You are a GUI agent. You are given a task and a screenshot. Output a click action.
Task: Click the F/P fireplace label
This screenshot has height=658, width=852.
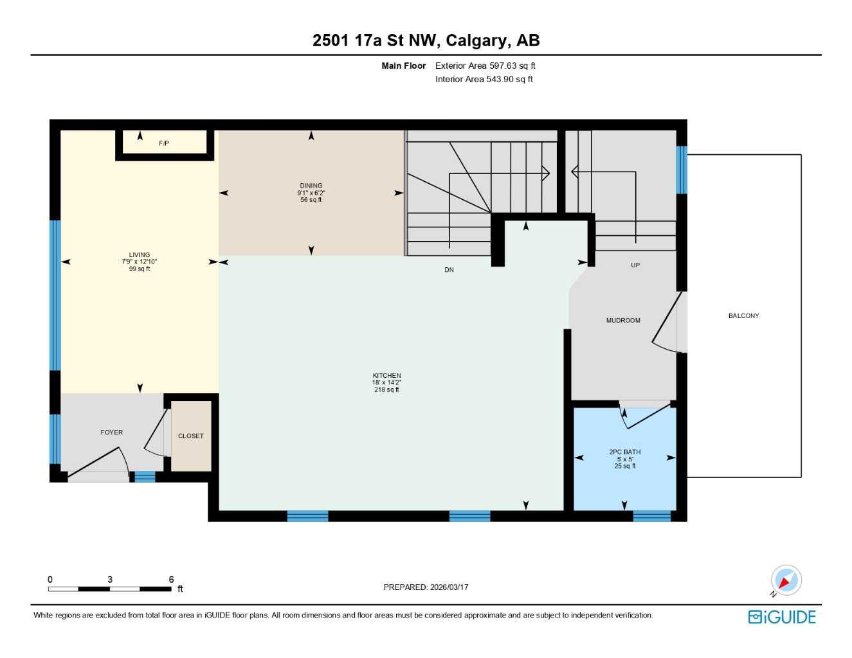point(164,143)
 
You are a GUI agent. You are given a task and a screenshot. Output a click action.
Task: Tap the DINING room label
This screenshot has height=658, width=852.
point(311,186)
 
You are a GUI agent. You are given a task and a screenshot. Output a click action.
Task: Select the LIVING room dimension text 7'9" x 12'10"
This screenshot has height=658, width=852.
point(140,262)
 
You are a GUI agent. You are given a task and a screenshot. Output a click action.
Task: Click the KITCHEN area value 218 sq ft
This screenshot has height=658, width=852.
point(386,389)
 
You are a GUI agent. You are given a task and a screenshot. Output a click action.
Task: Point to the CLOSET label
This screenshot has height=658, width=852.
point(190,436)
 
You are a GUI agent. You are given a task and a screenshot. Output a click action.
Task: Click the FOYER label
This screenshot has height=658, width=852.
point(112,432)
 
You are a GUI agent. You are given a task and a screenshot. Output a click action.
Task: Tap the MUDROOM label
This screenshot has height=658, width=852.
point(623,320)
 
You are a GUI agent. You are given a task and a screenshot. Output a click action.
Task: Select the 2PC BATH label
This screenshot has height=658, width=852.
point(624,452)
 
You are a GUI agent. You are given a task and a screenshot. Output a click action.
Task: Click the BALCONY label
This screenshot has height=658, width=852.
point(743,316)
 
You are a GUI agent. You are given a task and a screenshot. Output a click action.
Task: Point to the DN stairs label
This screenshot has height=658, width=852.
point(449,270)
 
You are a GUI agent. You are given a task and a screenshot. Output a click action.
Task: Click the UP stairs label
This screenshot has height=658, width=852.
point(635,265)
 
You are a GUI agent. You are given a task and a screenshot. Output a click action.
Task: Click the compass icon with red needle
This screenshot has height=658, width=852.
point(785,581)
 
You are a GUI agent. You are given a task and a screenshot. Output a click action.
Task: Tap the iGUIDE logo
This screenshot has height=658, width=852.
point(782,617)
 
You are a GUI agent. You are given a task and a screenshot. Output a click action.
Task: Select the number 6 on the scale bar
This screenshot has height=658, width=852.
point(171,580)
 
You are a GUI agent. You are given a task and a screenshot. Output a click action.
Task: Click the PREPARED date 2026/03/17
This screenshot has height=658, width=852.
point(449,587)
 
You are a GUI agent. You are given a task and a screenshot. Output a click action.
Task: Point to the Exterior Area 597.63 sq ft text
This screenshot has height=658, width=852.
point(485,66)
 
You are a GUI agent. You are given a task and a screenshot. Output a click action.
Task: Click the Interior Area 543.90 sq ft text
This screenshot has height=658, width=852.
point(484,79)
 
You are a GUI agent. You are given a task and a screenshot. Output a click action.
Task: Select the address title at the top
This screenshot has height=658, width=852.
point(426,40)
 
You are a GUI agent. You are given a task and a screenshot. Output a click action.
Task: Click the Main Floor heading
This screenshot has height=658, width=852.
point(403,66)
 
